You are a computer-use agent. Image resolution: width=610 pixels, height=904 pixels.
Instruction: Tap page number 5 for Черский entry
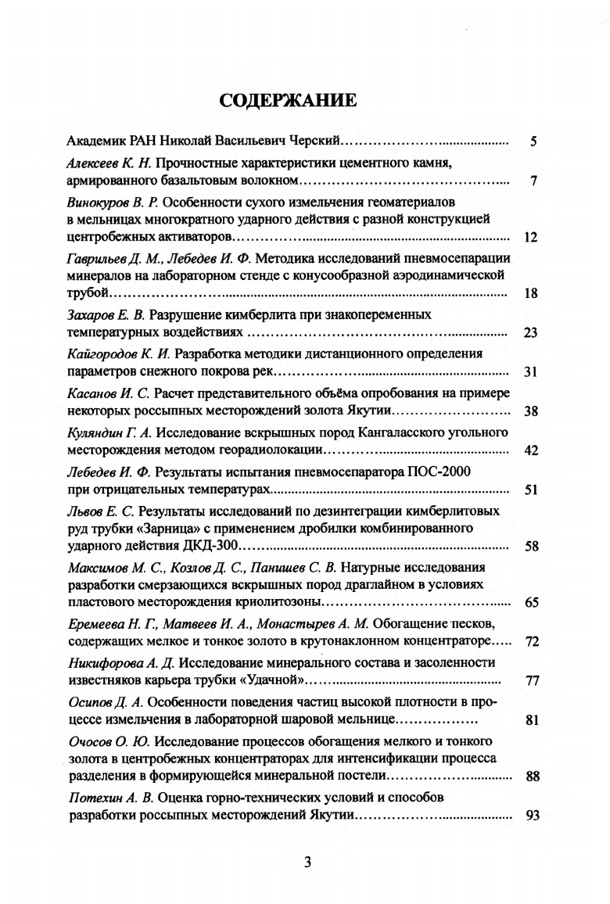[x=533, y=142]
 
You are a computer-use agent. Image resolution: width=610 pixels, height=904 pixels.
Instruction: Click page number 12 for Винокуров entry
[x=529, y=237]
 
